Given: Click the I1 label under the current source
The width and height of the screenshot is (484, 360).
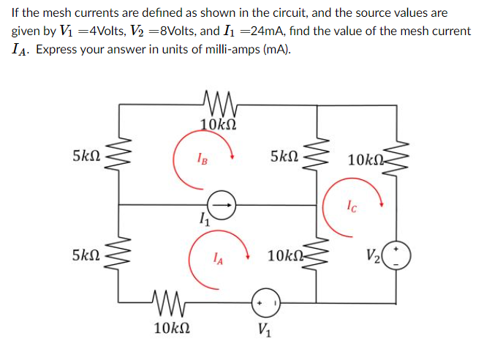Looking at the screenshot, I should point(204,220).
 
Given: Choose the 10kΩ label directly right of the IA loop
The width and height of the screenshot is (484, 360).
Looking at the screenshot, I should point(287,256).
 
